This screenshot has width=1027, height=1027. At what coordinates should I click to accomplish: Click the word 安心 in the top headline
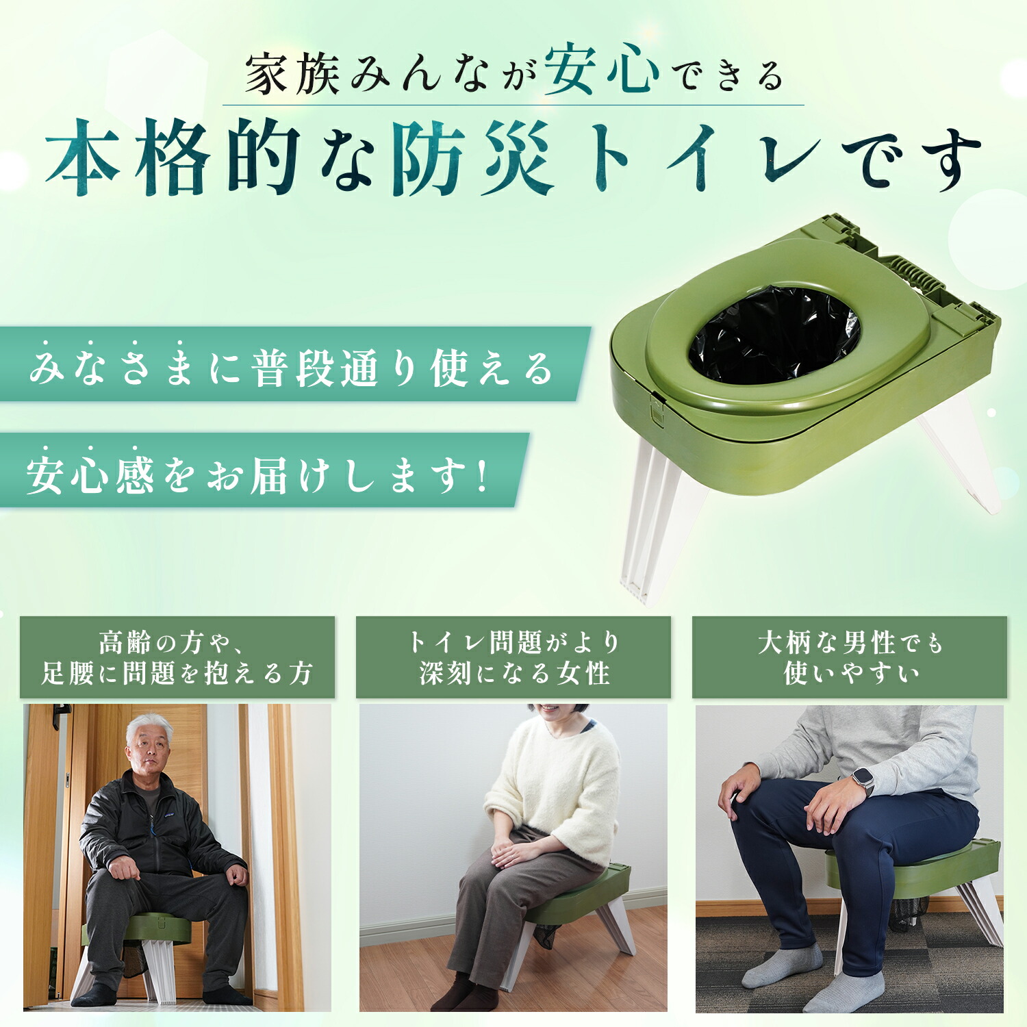pyautogui.click(x=602, y=69)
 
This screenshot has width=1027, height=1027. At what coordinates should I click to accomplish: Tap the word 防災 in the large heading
pyautogui.click(x=472, y=158)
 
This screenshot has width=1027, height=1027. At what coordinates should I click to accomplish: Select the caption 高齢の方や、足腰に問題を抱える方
pyautogui.click(x=177, y=657)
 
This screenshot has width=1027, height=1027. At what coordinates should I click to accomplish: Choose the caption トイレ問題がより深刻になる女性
pyautogui.click(x=513, y=657)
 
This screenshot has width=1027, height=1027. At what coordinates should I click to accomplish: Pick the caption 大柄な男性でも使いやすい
pyautogui.click(x=850, y=657)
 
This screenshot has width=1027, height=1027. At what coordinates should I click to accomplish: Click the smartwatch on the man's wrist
pyautogui.click(x=863, y=781)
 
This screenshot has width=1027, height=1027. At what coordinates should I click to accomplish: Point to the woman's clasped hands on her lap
pyautogui.click(x=510, y=852)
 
